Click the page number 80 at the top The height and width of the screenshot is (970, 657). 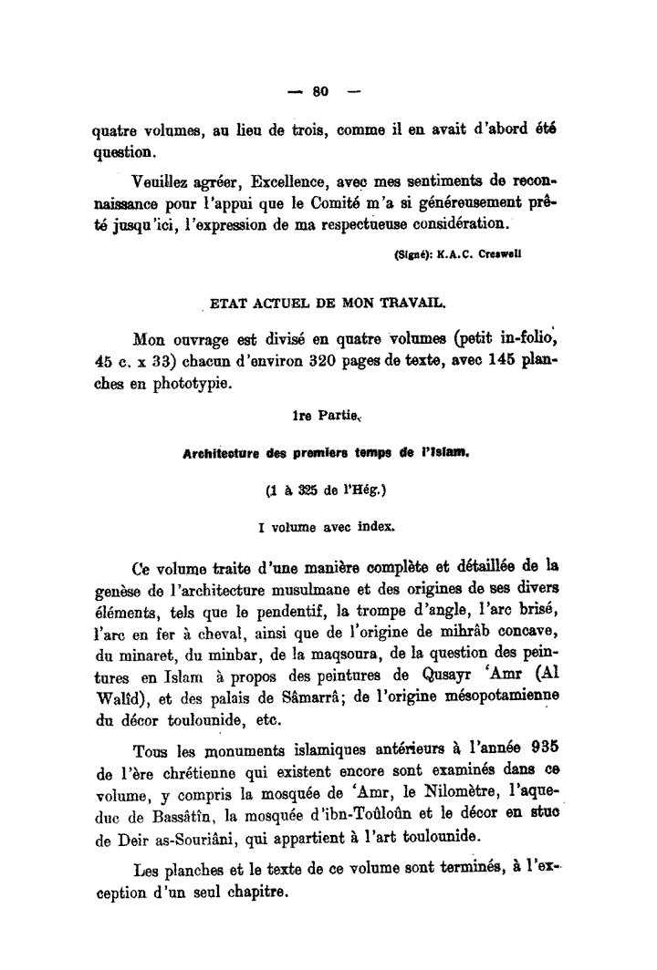tap(319, 91)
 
